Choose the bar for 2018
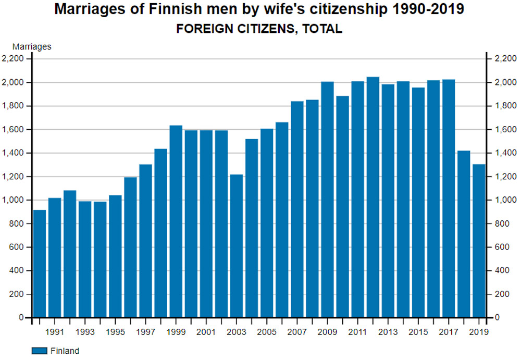coord(464,234)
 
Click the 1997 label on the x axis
coord(146,331)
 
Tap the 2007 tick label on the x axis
coord(297,331)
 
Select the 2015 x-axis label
coord(418,331)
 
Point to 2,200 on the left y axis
coord(13,59)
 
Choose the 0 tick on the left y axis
coord(22,317)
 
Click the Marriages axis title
coord(32,47)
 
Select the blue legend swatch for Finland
coord(40,351)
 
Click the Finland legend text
coord(65,351)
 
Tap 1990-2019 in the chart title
coord(427,9)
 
